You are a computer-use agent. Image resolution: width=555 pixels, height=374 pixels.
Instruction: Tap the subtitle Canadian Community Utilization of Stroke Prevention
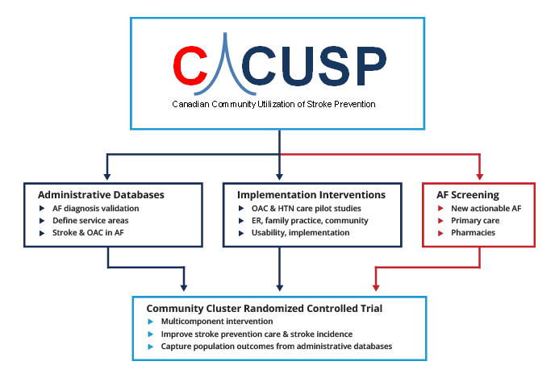pos(273,104)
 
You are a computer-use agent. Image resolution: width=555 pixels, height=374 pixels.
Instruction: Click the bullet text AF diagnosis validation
pos(97,208)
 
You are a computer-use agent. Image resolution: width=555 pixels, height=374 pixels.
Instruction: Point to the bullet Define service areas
pos(90,220)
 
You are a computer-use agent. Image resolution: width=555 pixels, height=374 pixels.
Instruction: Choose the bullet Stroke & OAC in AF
pos(89,232)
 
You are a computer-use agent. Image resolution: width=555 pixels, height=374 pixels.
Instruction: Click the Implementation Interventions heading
pos(311,194)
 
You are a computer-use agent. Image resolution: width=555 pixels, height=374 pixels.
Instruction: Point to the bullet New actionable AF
pos(486,208)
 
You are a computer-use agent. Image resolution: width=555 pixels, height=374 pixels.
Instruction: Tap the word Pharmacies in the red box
pos(474,232)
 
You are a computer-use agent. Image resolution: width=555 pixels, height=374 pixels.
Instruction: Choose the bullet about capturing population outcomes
pos(276,346)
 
